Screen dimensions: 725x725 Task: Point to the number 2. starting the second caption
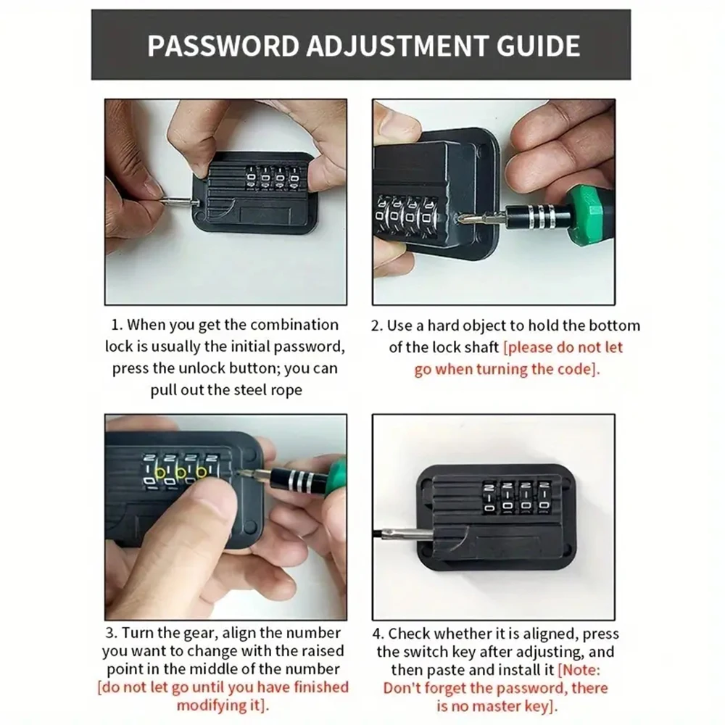click(x=376, y=326)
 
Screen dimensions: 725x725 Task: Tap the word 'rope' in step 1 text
click(x=286, y=389)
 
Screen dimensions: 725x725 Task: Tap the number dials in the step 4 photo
click(x=515, y=497)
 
